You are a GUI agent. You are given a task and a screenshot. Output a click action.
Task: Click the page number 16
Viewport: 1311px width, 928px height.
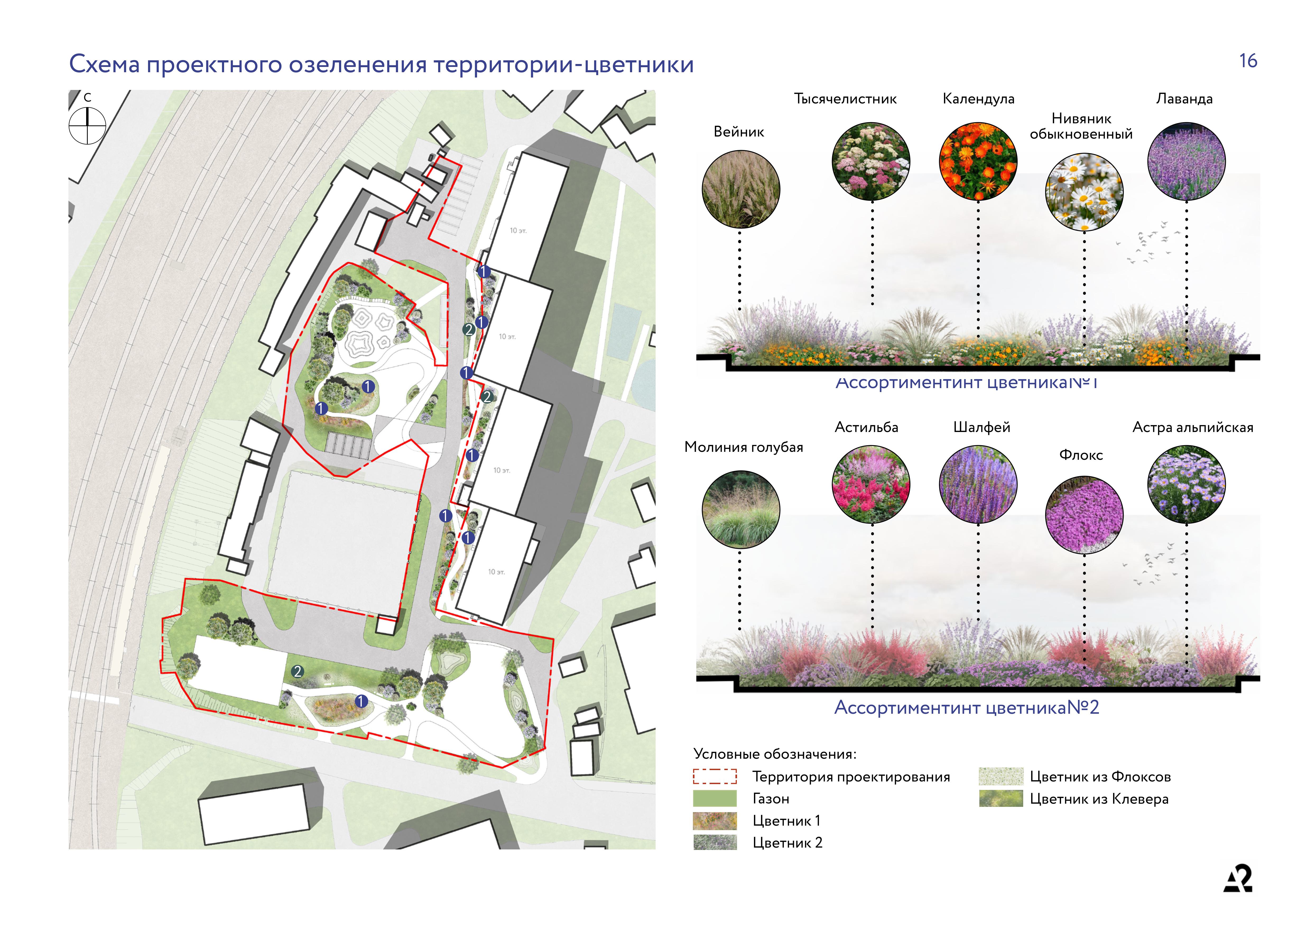pyautogui.click(x=1248, y=61)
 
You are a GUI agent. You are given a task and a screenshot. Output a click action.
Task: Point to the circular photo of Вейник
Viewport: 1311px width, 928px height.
pyautogui.click(x=740, y=189)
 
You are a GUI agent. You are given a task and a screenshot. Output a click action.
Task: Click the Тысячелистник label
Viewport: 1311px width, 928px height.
pyautogui.click(x=845, y=99)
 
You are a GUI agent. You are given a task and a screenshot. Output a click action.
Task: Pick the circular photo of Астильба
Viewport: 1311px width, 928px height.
pyautogui.click(x=871, y=484)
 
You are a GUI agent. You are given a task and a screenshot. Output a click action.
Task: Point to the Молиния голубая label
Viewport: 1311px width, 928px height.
pyautogui.click(x=743, y=447)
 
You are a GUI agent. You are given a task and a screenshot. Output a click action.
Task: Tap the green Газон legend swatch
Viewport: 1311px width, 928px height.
pyautogui.click(x=714, y=798)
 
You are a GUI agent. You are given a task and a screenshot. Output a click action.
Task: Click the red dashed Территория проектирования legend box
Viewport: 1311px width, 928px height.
pyautogui.click(x=714, y=776)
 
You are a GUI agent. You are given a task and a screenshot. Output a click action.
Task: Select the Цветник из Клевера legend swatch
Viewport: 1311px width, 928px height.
pyautogui.click(x=1000, y=798)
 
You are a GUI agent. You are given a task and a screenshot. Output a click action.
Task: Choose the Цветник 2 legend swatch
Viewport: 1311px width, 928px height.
pyautogui.click(x=714, y=842)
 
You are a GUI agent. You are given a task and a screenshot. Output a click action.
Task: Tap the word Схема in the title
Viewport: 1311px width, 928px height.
pyautogui.click(x=104, y=64)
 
